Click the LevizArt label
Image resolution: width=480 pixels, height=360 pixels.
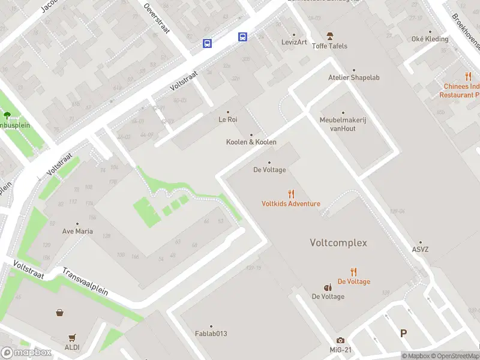click(x=294, y=42)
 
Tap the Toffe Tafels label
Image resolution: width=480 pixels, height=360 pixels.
click(x=329, y=46)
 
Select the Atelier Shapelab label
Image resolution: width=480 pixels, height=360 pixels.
click(x=354, y=77)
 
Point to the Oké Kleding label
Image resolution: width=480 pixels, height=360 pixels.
click(x=430, y=39)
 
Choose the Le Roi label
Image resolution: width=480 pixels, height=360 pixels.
click(x=228, y=119)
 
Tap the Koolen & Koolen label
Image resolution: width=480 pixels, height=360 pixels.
click(x=251, y=142)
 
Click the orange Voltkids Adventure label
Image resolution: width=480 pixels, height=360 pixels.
click(x=291, y=203)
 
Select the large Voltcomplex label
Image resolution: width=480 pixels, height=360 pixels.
click(x=338, y=243)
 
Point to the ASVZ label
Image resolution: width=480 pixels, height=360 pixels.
click(x=421, y=250)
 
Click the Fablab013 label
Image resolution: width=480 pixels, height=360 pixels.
click(x=211, y=334)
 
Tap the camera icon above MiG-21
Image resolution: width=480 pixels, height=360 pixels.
click(x=341, y=341)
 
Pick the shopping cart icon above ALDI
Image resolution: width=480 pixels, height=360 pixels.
click(x=73, y=338)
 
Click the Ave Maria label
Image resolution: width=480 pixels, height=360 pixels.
click(x=77, y=231)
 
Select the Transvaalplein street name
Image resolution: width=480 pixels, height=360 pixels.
click(x=85, y=281)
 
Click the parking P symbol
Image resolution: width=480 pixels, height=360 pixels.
click(x=403, y=333)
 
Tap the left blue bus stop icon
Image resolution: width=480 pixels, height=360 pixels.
click(x=207, y=43)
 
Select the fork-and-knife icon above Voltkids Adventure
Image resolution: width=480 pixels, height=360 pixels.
click(x=291, y=194)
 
